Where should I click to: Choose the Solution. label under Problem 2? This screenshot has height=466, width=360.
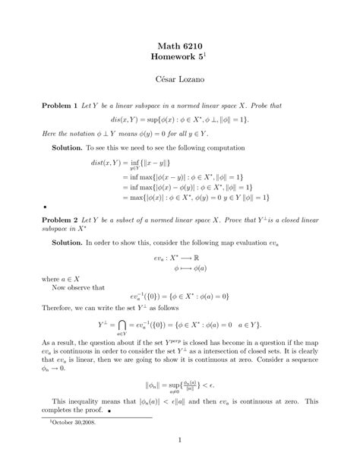click(68, 241)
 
